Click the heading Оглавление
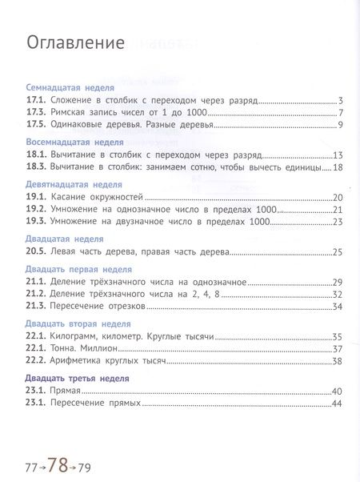coord(75,43)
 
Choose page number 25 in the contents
coord(338,252)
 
